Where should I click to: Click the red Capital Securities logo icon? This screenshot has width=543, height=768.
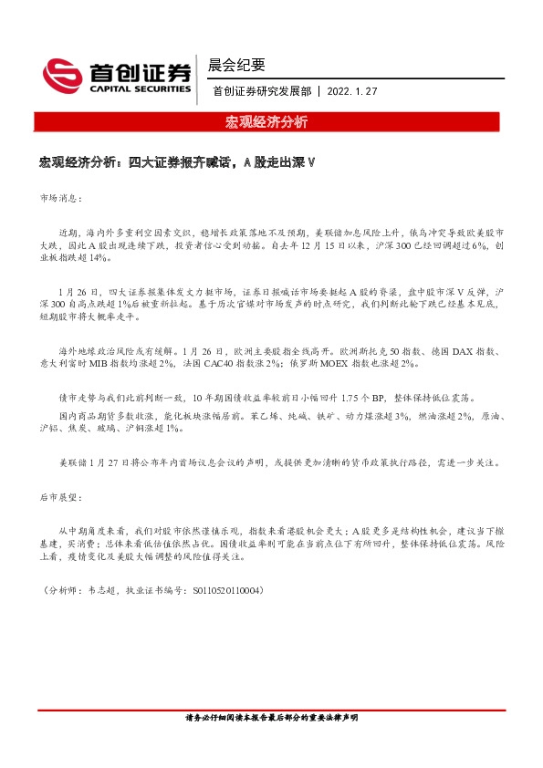(62, 74)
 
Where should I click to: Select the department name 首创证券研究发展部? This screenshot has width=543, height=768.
(261, 92)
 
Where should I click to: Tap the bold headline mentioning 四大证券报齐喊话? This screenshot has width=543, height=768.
(177, 163)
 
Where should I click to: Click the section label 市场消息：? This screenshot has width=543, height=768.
(60, 197)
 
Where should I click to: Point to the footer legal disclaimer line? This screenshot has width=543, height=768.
(271, 719)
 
